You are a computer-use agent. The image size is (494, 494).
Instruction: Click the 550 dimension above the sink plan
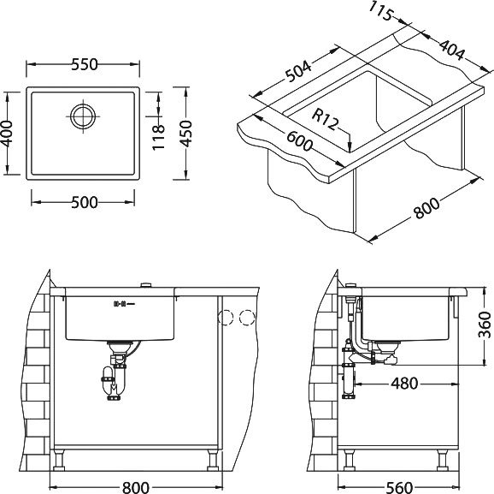coord(85,64)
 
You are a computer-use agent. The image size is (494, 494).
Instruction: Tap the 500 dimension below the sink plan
coord(84,202)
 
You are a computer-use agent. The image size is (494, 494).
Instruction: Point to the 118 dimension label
coord(159,137)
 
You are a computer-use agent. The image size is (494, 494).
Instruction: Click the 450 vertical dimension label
coord(186,134)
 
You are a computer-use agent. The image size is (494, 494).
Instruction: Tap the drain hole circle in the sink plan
coord(83,116)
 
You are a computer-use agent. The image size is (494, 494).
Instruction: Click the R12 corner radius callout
coord(325,120)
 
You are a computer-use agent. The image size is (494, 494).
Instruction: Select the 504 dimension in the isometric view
coord(298,71)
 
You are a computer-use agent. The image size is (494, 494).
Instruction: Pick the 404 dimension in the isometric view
coord(452,50)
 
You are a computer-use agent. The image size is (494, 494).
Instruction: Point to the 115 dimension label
coord(381,11)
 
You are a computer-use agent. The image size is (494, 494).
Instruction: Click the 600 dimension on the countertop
coord(300,141)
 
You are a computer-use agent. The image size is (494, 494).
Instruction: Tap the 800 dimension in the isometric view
coord(426,208)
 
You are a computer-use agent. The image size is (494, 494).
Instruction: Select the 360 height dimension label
coord(485,324)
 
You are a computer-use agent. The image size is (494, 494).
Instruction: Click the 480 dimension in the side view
coord(404,384)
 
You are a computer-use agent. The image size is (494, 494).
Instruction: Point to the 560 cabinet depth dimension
coord(399,488)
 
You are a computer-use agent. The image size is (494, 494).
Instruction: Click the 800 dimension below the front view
coord(136,488)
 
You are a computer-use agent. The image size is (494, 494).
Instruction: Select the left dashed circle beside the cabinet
coord(226,318)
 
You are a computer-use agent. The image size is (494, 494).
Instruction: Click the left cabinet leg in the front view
coord(59,460)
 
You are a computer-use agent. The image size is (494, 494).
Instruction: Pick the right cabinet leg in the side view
coord(443,460)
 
